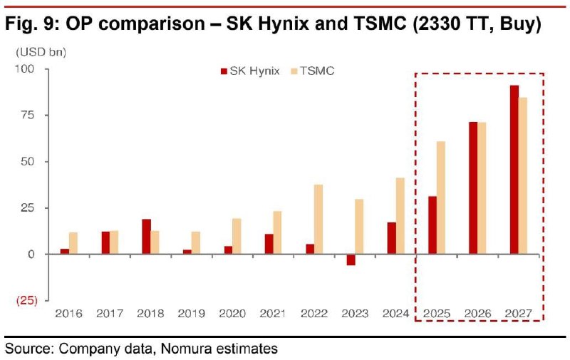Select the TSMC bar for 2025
tap(441, 197)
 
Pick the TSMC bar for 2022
tap(318, 219)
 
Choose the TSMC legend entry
tap(313, 71)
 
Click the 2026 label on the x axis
tap(478, 314)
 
